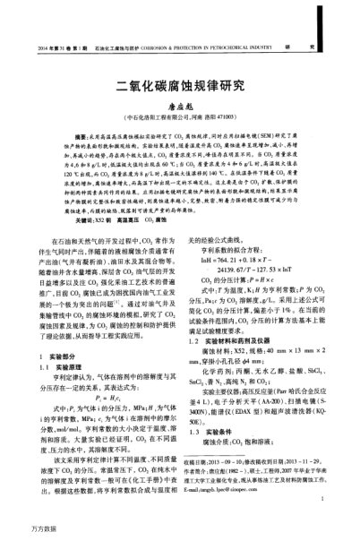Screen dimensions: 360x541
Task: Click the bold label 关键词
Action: (64, 219)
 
